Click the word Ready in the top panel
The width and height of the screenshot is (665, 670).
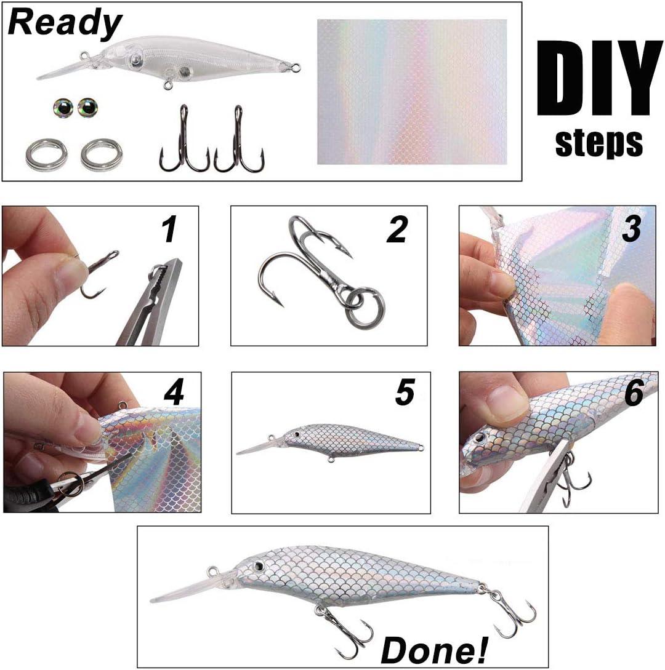pos(65,23)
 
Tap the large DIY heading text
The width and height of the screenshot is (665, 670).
pos(598,79)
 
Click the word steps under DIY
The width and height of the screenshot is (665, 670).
pos(598,142)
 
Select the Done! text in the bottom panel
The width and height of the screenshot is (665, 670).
pos(434,648)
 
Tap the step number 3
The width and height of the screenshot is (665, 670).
pos(631,228)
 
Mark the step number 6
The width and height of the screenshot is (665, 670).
pos(634,394)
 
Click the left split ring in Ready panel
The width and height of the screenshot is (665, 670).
pos(46,155)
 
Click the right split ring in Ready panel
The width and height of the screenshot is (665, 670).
pos(101,154)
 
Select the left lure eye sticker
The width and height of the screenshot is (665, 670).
pos(63,108)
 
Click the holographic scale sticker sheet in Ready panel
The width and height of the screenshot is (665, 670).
pos(411,92)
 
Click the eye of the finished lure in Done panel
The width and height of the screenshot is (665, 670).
pos(261,566)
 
